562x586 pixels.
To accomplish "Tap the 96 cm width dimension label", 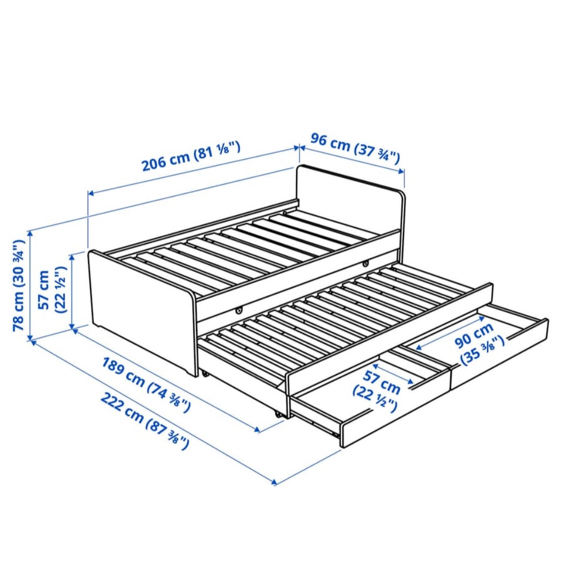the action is point(355,148).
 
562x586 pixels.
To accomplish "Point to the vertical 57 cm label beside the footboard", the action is point(52,289).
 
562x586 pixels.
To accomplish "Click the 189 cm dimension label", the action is point(146,384).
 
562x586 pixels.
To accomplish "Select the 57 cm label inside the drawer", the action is point(376,391).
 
